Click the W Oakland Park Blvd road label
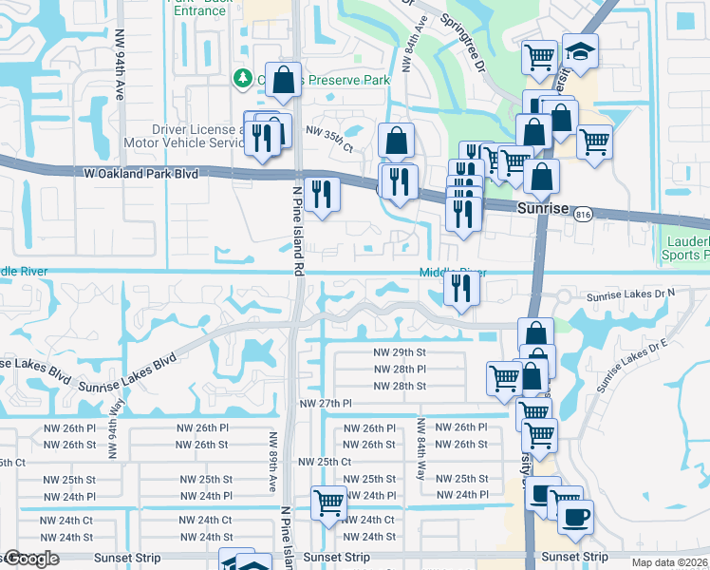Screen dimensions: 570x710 (140, 174)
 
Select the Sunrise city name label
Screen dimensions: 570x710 (542, 208)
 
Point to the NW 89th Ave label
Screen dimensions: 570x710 (272, 462)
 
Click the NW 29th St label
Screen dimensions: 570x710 (400, 351)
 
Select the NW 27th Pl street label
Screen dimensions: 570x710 (326, 404)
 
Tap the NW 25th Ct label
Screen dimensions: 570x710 (325, 462)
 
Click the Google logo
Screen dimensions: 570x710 (31, 560)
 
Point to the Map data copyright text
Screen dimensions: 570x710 (669, 562)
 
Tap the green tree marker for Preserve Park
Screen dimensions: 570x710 (243, 79)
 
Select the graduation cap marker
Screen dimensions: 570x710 (580, 50)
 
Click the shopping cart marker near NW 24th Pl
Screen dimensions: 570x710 (328, 502)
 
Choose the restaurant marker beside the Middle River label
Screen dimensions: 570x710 (460, 287)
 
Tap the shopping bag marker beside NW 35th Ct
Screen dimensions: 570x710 (396, 141)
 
